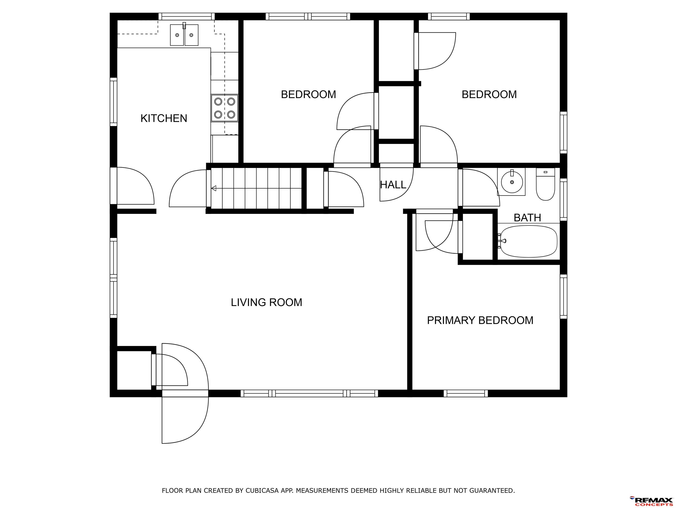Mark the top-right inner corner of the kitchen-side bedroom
point(374,20)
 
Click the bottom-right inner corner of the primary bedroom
point(560,390)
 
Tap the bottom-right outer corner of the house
point(567,397)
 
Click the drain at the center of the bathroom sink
point(512,182)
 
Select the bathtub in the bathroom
point(528,241)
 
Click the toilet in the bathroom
point(545,184)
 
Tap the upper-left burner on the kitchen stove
point(218,101)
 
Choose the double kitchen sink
point(184,35)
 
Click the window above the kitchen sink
point(186,17)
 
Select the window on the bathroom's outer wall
point(564,200)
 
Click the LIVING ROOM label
point(266,303)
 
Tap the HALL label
point(393,185)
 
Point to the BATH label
point(527,218)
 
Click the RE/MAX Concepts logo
point(651,501)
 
